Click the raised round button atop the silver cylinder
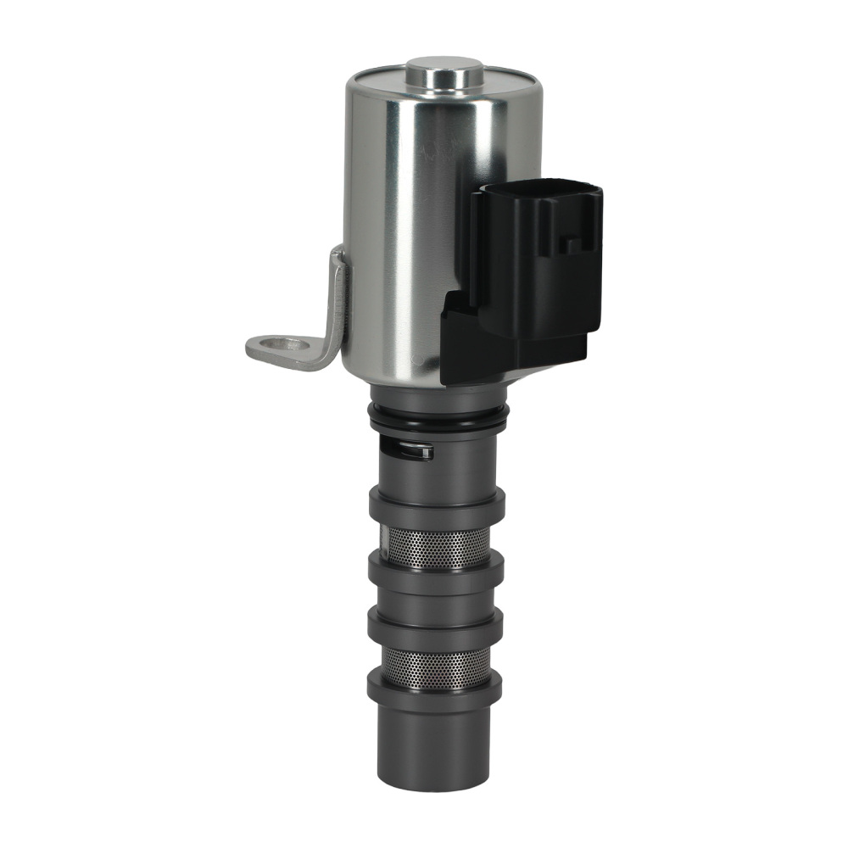coord(444,72)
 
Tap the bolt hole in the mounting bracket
coord(283,344)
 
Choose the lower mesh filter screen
coord(435,668)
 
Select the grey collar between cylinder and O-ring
coord(438,394)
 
